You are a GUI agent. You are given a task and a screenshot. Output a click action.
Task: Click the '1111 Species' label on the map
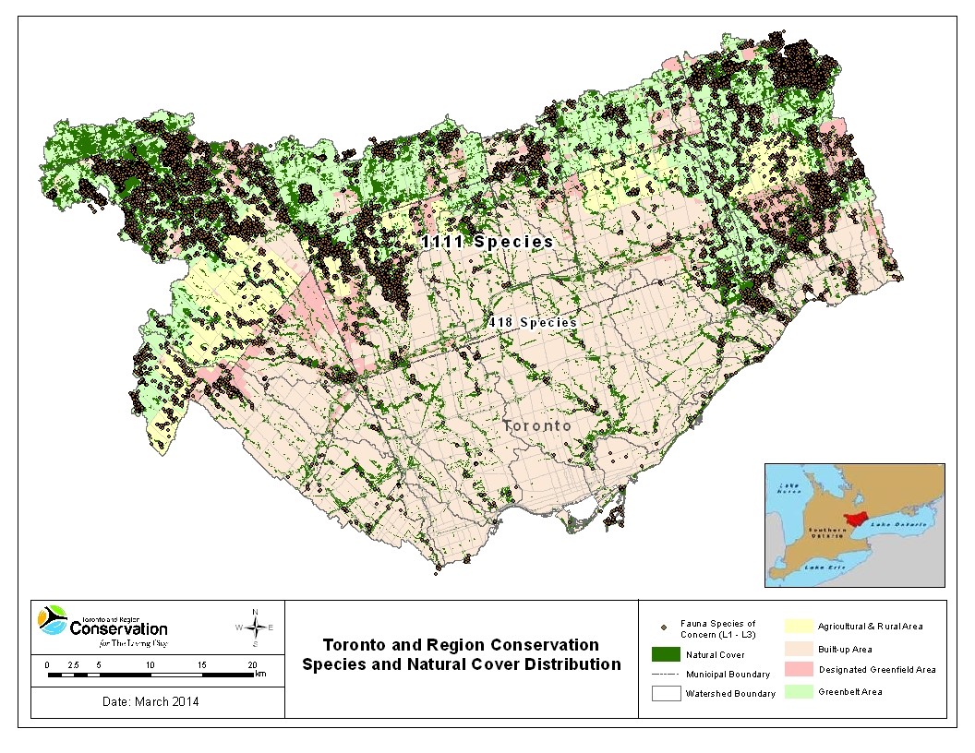click(487, 242)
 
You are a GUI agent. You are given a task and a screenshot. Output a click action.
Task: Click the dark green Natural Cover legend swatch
click(665, 654)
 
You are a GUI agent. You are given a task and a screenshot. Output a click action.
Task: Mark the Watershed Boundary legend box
click(665, 693)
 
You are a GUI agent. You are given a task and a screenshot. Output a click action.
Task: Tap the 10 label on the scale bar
click(150, 664)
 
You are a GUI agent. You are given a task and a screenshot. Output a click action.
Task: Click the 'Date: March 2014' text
click(150, 701)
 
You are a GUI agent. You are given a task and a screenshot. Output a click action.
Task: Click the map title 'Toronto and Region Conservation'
click(460, 644)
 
